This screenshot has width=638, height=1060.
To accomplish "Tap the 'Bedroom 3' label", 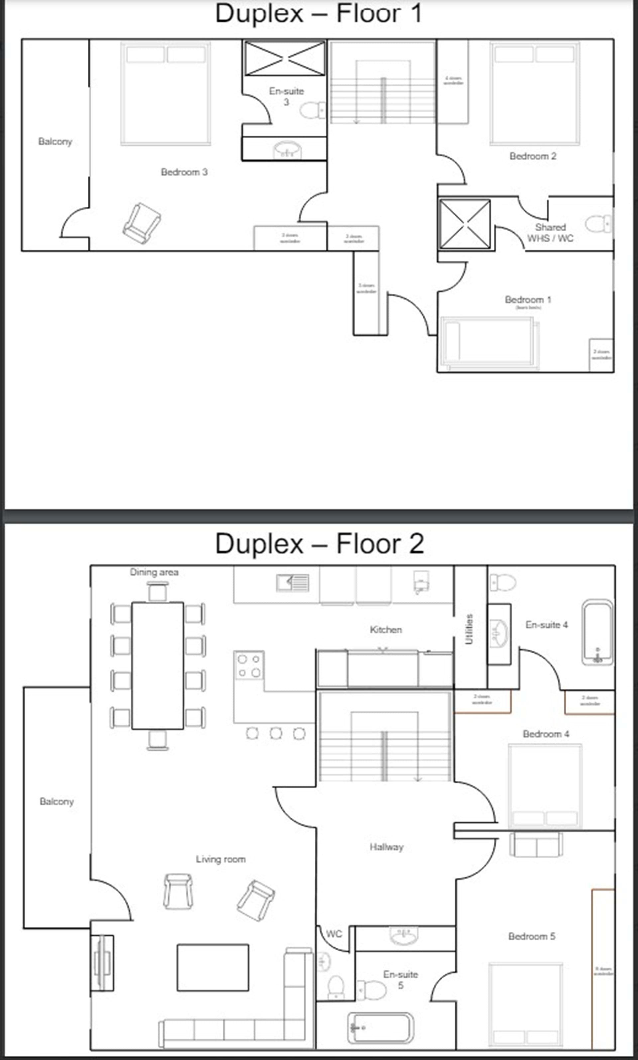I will point(184,172).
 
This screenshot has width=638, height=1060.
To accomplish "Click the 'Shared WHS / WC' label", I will point(550,233).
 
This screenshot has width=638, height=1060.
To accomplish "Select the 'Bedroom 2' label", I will point(533,156).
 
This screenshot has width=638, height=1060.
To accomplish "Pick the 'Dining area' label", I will point(154,572).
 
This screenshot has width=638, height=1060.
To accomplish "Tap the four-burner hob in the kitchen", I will point(249,665).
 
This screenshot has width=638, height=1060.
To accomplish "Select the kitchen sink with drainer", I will point(292,583).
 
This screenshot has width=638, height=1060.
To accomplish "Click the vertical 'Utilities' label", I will point(469,629).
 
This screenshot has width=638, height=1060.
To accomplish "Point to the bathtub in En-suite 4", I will point(597,632).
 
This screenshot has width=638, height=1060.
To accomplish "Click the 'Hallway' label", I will point(386,847).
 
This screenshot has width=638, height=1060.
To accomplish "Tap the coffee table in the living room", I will point(213,968).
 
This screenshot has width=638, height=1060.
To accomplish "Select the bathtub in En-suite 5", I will point(380,1028).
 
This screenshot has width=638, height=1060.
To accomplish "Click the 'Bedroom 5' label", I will point(531,936).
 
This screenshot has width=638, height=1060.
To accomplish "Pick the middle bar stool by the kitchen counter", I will point(276,733).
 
